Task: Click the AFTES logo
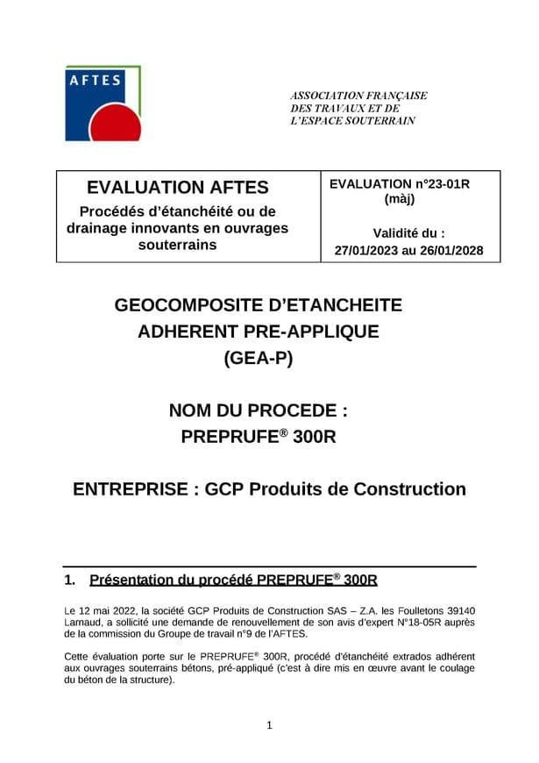[103, 103]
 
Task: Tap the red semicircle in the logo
[117, 125]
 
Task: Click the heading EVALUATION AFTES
[178, 187]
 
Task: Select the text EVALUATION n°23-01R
[400, 184]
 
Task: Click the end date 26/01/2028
[447, 250]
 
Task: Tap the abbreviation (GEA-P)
[259, 358]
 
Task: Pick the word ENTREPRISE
[128, 488]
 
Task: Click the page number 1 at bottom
[269, 724]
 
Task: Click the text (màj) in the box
[399, 199]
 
